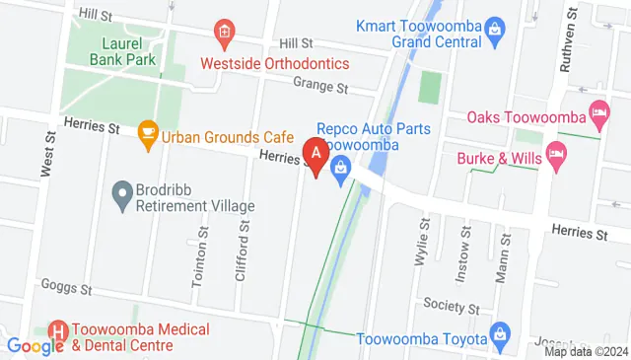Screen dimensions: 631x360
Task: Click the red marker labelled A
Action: click(316, 156)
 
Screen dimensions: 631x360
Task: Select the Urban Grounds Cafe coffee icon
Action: click(148, 130)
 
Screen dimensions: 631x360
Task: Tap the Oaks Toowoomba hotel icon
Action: click(597, 110)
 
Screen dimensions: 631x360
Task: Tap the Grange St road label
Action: click(328, 89)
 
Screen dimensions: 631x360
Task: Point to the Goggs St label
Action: click(66, 288)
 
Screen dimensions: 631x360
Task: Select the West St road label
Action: click(46, 156)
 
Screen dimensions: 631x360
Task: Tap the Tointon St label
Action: click(202, 253)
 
